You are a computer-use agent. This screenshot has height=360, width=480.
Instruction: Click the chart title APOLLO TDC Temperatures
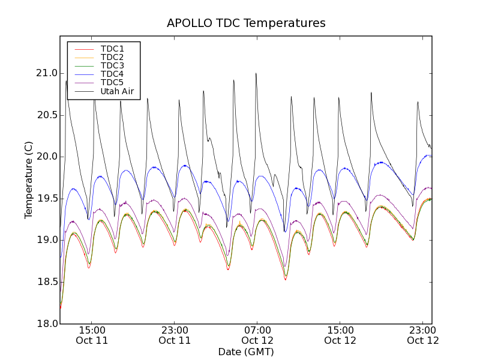pos(246,23)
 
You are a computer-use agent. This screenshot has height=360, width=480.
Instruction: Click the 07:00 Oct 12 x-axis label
pos(257,335)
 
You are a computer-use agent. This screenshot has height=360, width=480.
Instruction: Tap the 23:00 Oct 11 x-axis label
pos(175,335)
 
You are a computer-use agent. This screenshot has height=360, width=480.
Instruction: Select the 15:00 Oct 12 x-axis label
pos(340,335)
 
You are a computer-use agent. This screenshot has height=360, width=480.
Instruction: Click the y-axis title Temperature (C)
pos(29,180)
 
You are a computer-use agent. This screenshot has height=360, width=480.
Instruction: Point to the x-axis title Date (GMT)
pos(246,352)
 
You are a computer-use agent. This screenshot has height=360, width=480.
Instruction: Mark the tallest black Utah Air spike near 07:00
pos(256,74)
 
